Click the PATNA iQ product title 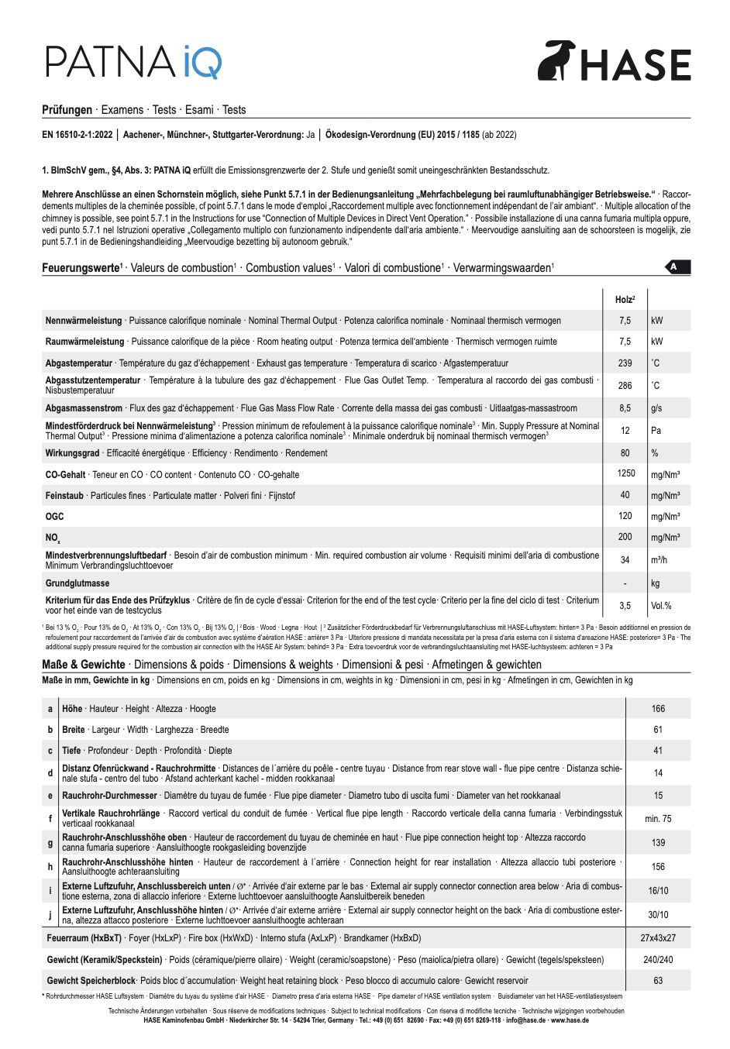tap(134, 61)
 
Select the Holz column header tap(625, 299)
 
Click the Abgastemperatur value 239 tap(625, 363)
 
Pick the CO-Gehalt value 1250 tap(625, 473)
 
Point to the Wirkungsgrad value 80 tap(625, 453)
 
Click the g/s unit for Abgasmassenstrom tap(656, 408)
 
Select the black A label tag tap(677, 267)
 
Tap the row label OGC tap(55, 516)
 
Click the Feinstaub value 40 tap(625, 495)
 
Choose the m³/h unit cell tap(660, 560)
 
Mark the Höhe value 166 tap(658, 709)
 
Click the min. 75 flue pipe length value tap(658, 819)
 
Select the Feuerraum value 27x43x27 tap(658, 938)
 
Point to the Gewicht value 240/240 tap(658, 960)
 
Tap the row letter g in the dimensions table tap(50, 842)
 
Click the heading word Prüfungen tap(67, 110)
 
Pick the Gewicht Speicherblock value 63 tap(658, 981)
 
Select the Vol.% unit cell tap(661, 606)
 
